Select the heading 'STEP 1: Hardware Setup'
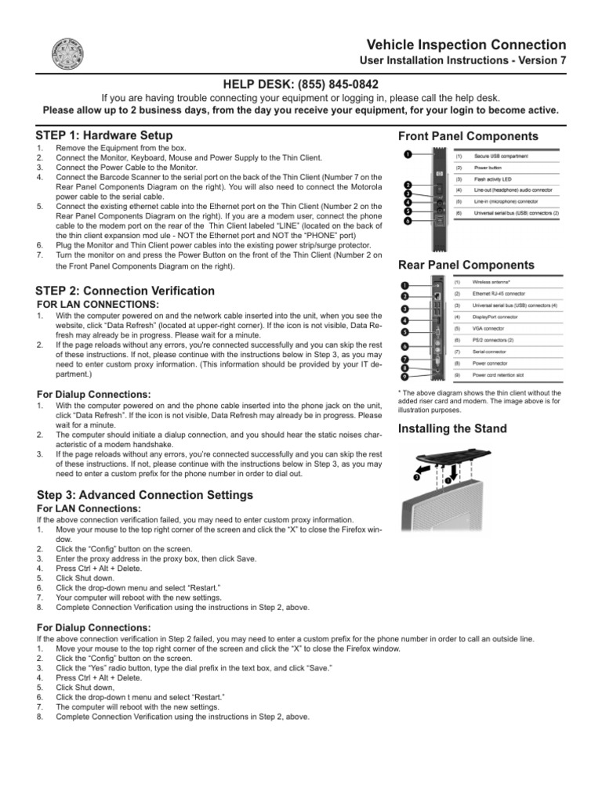coord(105,135)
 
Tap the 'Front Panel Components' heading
coord(468,136)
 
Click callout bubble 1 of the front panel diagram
coord(408,154)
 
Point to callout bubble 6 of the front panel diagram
coord(408,222)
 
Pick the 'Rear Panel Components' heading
coord(466,266)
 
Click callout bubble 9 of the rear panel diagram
coord(404,377)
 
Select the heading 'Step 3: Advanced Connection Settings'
coord(145,495)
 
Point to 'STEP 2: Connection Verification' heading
coord(125,291)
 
